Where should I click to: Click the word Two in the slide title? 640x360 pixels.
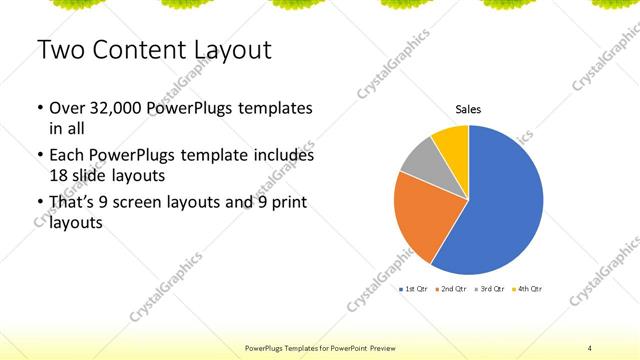pyautogui.click(x=59, y=49)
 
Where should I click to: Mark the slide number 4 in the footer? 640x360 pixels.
pyautogui.click(x=590, y=347)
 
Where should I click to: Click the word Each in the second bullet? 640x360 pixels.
pyautogui.click(x=68, y=156)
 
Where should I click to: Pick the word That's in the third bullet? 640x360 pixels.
pyautogui.click(x=72, y=203)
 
